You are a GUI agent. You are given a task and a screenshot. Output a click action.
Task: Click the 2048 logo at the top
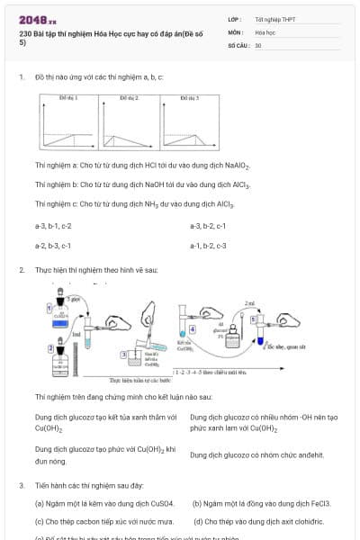tap(37, 19)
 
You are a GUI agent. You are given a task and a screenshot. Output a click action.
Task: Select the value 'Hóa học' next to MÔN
tap(265, 31)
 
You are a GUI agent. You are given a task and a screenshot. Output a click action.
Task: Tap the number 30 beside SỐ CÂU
tap(258, 44)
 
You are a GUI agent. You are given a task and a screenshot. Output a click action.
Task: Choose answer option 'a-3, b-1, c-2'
tap(53, 225)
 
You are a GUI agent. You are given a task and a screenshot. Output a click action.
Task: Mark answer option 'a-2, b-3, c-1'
tap(53, 245)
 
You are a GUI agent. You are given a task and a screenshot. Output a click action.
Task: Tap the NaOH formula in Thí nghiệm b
tap(142, 184)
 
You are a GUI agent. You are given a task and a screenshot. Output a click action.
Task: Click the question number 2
tap(21, 270)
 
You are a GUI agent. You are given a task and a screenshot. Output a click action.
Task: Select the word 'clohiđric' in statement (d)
tap(305, 521)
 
